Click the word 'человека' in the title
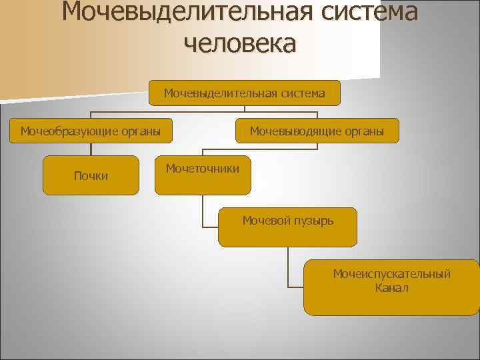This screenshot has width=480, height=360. [x=239, y=43]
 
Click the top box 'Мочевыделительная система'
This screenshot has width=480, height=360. [x=245, y=93]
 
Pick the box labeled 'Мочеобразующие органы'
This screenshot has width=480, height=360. [x=91, y=131]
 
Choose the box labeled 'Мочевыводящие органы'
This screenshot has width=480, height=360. [x=317, y=131]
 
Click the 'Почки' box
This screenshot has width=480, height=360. [x=91, y=175]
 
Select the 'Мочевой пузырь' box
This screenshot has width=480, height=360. [x=288, y=227]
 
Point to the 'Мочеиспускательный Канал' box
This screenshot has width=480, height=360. [x=391, y=287]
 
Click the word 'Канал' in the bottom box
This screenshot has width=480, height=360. [x=392, y=288]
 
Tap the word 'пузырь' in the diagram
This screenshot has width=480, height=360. [x=312, y=219]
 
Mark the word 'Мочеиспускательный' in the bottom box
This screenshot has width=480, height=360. [x=392, y=274]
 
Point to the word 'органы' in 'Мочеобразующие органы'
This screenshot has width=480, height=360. [x=139, y=131]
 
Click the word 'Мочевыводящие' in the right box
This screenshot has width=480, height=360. [x=294, y=131]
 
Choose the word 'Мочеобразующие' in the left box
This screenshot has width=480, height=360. [x=68, y=131]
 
